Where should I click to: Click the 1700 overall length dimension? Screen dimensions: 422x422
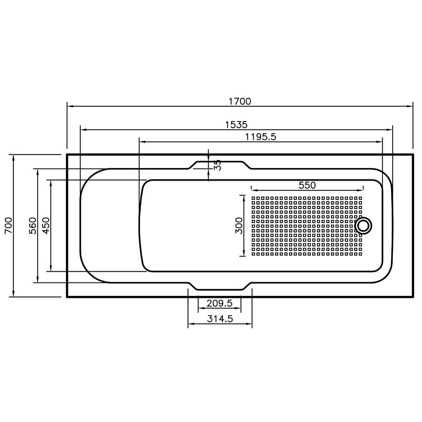pos(240,101)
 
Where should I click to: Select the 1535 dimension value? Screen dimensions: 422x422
pos(236,124)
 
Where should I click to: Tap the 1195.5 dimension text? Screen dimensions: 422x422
pos(260,136)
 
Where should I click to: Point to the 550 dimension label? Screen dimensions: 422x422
pos(307,185)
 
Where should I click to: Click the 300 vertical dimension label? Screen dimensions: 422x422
pos(239,226)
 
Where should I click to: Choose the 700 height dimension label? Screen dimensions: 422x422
pos(9,226)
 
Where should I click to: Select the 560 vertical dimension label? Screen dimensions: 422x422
pos(33,226)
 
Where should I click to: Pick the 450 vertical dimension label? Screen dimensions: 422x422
pos(46,226)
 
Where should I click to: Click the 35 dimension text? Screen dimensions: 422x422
pos(217,165)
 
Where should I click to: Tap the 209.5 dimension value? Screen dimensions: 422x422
pos(219,303)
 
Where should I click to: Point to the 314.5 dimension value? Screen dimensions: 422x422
pos(220,319)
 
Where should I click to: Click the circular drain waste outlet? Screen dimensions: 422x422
pos(363,225)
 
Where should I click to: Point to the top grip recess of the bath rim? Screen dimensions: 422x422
pos(219,162)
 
